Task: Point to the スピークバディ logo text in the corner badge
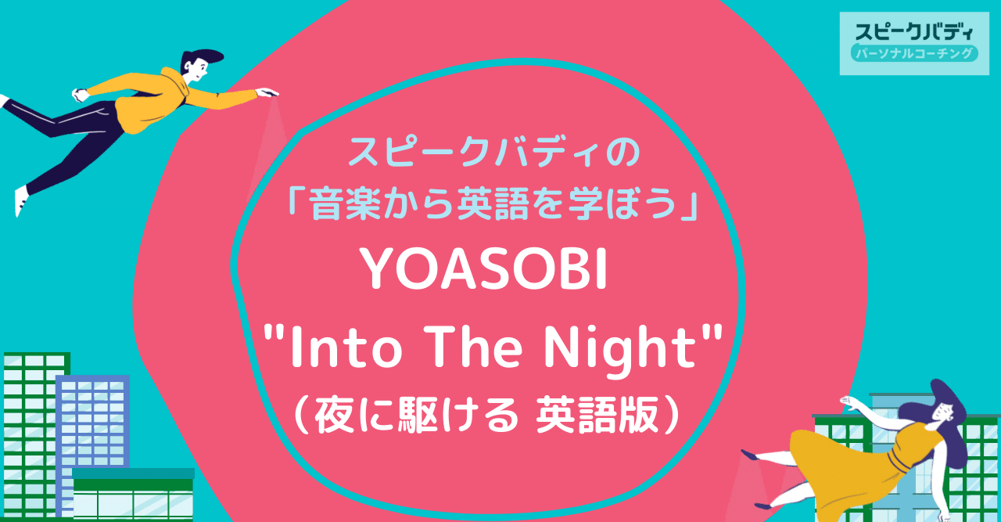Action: coord(913,32)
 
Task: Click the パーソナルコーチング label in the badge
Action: coord(913,54)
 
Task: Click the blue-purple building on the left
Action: coord(92,423)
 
